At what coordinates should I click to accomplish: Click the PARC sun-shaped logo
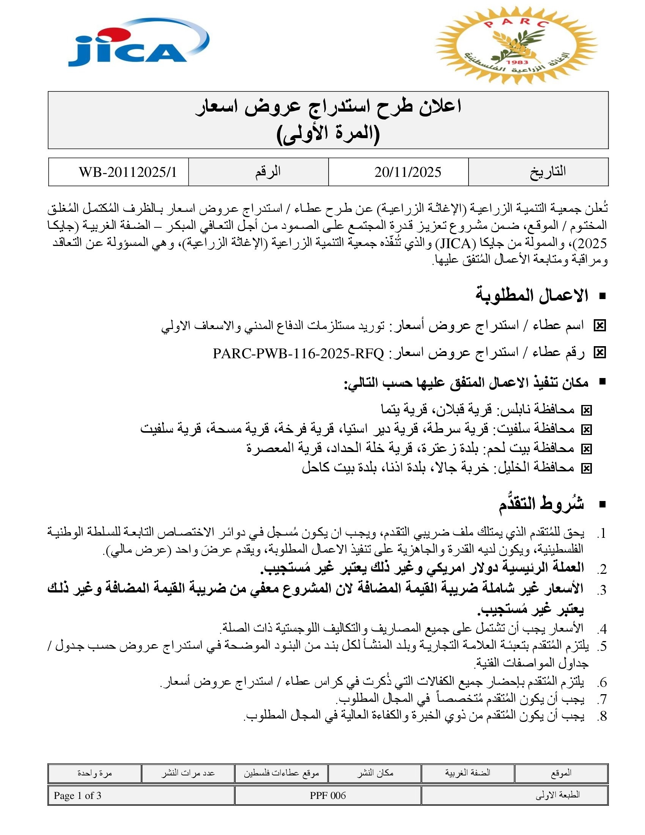point(516,45)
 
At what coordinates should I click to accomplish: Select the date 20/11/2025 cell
point(407,172)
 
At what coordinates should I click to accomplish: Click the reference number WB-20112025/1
point(127,172)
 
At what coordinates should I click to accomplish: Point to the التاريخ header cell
point(547,172)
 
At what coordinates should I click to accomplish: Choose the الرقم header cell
point(267,172)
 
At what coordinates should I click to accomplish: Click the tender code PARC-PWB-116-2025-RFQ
point(298,354)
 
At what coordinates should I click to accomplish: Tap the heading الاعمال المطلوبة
point(531,296)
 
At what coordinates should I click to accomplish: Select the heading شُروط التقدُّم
point(541,504)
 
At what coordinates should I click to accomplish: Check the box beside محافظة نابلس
point(586,410)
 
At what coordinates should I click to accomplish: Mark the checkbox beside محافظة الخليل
point(586,468)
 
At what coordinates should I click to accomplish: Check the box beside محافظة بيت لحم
point(586,449)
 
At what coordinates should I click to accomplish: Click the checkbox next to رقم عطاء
point(599,353)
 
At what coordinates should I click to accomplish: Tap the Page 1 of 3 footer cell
point(77,796)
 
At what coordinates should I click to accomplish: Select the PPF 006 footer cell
point(327,796)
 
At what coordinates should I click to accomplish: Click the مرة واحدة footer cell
point(94,773)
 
